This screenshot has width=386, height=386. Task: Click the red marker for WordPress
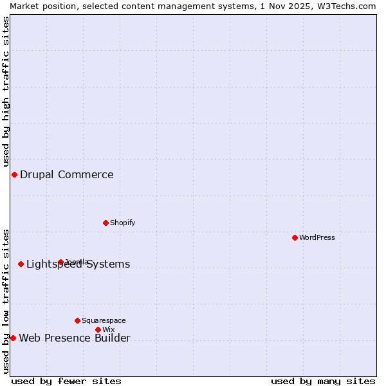click(x=295, y=237)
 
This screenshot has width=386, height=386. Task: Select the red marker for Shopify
click(x=106, y=223)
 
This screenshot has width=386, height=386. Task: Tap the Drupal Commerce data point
click(x=14, y=174)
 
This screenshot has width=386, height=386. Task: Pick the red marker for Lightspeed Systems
click(x=21, y=264)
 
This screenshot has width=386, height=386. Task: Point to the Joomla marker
click(x=60, y=262)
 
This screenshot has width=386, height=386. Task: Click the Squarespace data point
click(x=77, y=320)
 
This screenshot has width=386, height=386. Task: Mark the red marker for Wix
click(x=98, y=329)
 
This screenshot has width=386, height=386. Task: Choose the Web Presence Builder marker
click(x=13, y=338)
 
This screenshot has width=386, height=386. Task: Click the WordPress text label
click(x=317, y=237)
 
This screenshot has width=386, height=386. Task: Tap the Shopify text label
click(x=122, y=223)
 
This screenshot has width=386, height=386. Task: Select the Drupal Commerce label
click(x=66, y=174)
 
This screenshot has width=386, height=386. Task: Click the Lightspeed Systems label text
click(x=78, y=264)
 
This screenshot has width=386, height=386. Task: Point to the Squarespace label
click(x=104, y=320)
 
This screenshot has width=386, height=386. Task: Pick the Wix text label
click(x=108, y=329)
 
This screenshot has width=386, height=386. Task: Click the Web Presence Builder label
click(x=75, y=338)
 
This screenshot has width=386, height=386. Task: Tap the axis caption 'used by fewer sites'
click(x=66, y=381)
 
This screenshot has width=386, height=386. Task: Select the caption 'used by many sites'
click(x=323, y=381)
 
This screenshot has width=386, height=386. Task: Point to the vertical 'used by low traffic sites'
click(x=6, y=300)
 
